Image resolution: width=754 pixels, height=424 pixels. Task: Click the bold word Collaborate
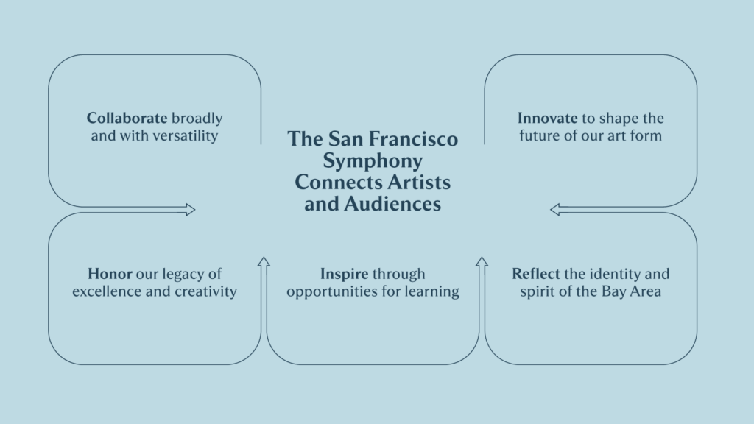127,118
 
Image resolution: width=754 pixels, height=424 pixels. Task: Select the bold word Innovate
547,118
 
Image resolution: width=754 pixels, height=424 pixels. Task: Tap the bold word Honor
110,274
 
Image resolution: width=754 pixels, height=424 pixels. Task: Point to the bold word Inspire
345,274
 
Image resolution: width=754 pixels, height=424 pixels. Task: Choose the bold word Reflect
536,274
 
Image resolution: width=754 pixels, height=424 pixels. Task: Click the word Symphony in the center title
373,161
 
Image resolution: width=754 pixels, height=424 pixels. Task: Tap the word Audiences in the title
392,204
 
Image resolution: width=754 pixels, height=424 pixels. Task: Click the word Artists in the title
419,183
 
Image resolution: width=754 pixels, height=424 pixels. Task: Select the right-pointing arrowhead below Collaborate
191,210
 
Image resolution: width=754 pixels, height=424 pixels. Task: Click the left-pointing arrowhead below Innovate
555,210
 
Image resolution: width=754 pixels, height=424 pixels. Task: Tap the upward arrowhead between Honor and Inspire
264,261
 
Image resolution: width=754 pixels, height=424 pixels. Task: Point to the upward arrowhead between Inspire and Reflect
482,261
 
